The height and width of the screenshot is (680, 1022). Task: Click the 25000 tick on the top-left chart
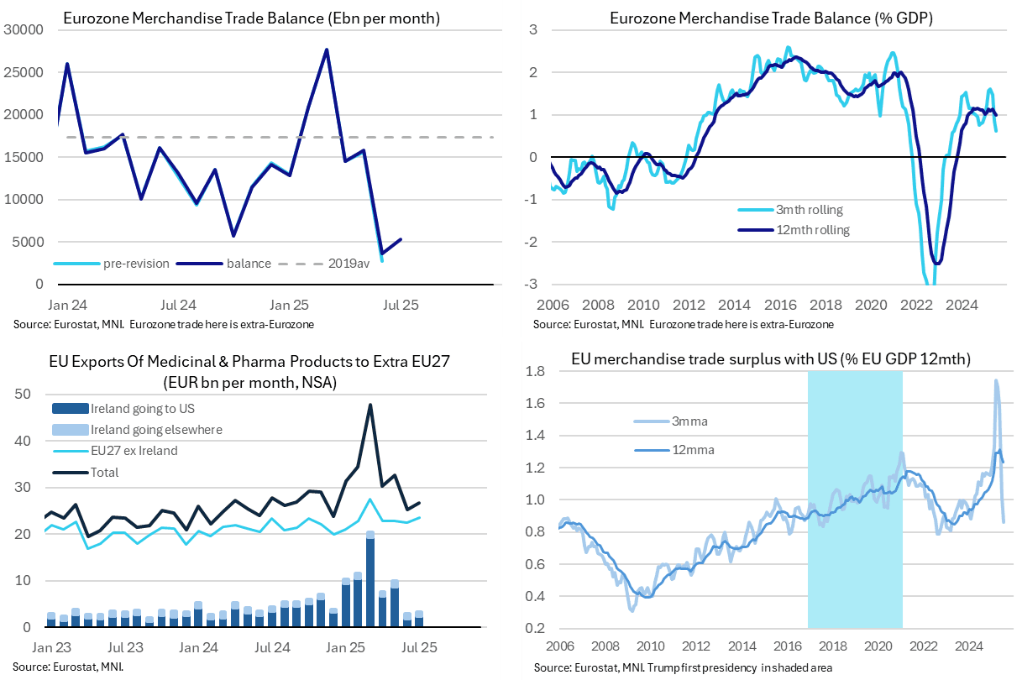25,72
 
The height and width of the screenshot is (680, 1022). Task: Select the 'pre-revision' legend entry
137,264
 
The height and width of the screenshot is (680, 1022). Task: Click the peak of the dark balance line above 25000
326,50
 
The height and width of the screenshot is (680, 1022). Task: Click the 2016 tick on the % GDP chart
777,304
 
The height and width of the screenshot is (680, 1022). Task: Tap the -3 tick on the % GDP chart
532,285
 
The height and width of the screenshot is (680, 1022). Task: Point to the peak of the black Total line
370,405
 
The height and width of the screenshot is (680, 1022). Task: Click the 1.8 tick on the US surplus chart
537,371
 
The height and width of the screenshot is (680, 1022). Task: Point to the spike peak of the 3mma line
996,380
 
